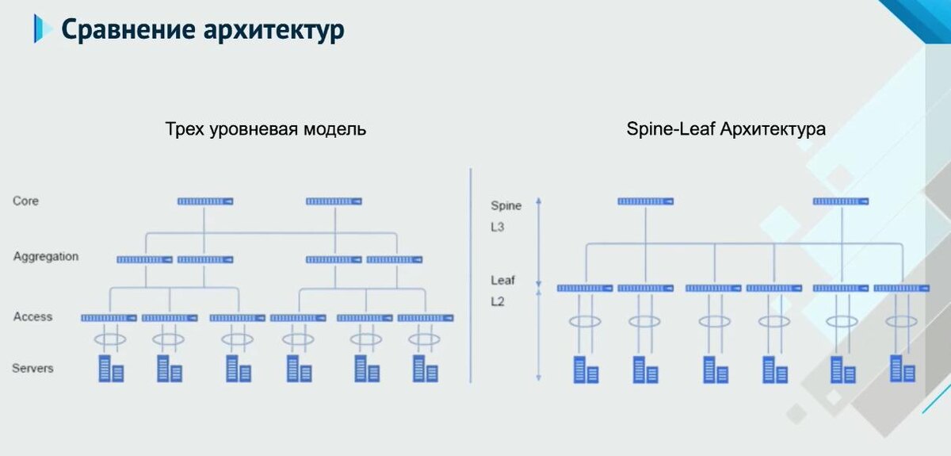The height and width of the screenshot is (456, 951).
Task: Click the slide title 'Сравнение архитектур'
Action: [x=202, y=30]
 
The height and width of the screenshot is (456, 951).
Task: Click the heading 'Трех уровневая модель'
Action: [x=265, y=129]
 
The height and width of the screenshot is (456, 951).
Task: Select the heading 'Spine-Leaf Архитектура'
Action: [x=725, y=129]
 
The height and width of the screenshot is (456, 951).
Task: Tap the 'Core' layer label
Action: [x=25, y=201]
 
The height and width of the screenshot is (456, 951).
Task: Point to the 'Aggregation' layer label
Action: [x=46, y=257]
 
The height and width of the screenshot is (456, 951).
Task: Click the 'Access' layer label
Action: [x=32, y=317]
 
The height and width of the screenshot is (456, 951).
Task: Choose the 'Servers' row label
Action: [x=32, y=368]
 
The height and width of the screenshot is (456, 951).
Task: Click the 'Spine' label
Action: [x=506, y=206]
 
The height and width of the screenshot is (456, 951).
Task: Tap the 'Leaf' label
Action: [x=502, y=281]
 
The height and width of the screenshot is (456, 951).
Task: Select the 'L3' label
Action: [x=498, y=227]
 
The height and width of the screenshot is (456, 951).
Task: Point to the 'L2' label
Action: [x=498, y=301]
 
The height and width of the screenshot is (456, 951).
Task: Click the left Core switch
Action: [x=204, y=201]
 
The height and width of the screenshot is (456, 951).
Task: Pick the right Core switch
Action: [x=334, y=201]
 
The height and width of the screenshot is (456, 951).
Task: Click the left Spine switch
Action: [x=645, y=201]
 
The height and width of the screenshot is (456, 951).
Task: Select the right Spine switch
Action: [x=840, y=201]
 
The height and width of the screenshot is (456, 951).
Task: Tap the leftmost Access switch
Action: [x=109, y=318]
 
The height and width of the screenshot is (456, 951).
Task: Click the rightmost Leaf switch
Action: [x=901, y=288]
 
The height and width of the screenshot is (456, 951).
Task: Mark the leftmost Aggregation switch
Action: [x=144, y=259]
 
